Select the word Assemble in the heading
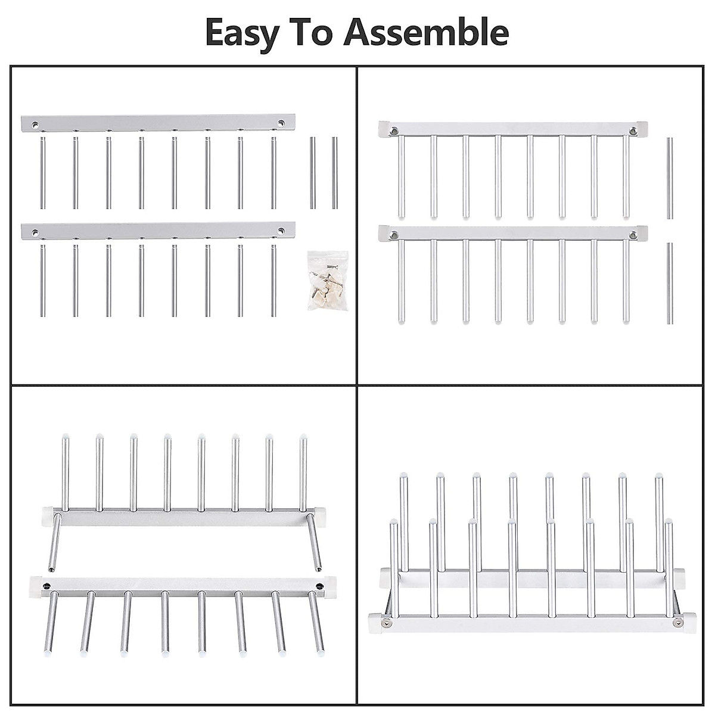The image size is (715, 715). pyautogui.click(x=427, y=33)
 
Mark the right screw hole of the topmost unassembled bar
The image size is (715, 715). pyautogui.click(x=280, y=125)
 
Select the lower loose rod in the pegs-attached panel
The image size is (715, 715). pyautogui.click(x=669, y=282)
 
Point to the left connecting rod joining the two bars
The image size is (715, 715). pyautogui.click(x=54, y=542)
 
